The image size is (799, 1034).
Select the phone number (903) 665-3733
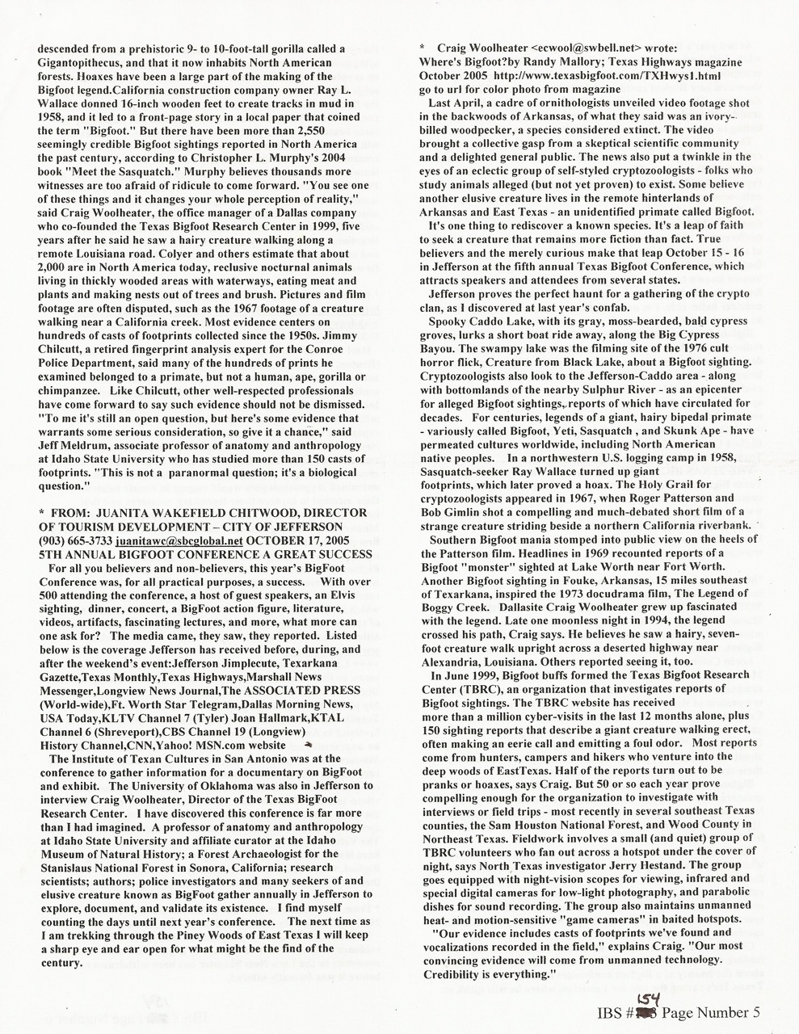(66, 540)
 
